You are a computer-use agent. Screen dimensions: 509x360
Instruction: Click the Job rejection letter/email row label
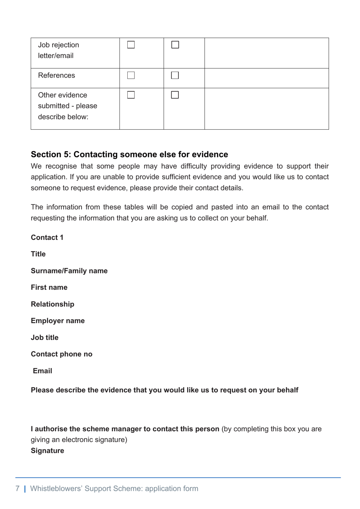click(58, 50)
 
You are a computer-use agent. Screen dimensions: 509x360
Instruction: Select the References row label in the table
click(56, 75)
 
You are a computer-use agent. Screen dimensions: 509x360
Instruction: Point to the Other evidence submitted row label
click(67, 106)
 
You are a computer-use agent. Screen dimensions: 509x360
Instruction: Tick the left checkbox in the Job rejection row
click(131, 45)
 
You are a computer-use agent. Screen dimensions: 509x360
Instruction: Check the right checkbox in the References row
click(175, 75)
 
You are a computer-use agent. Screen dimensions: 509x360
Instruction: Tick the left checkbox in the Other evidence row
click(131, 95)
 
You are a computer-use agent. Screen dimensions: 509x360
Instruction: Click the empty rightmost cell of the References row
click(266, 78)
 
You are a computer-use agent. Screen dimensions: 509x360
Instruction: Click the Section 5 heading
click(129, 154)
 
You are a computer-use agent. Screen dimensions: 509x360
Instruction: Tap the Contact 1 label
click(47, 238)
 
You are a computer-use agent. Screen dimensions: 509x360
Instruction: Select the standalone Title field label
click(38, 254)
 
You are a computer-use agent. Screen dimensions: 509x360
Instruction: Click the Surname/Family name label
click(69, 271)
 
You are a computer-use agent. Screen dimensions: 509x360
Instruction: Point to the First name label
click(49, 288)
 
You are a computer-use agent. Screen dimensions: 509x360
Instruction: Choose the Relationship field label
click(52, 304)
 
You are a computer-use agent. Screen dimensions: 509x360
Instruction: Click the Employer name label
click(58, 321)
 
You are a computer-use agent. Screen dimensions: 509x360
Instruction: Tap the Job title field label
click(44, 338)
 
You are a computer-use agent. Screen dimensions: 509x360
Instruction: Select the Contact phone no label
click(61, 354)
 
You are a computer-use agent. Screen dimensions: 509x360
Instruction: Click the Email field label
click(42, 371)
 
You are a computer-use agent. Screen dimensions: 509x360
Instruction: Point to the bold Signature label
click(47, 451)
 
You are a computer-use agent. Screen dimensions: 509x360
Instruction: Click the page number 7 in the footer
click(17, 489)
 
